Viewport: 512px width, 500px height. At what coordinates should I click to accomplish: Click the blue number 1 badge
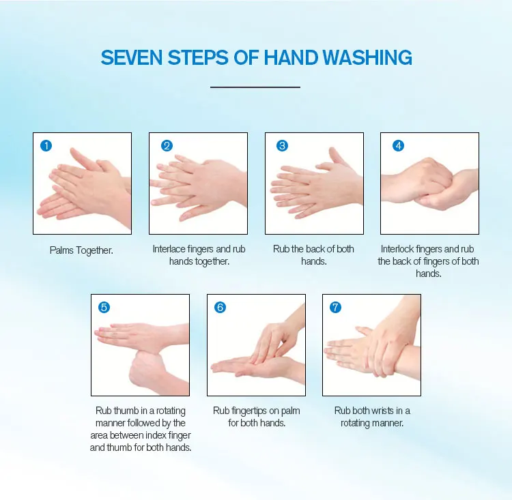point(46,145)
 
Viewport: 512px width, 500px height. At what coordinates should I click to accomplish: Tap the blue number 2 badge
point(167,145)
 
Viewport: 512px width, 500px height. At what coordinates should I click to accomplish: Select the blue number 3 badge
point(282,145)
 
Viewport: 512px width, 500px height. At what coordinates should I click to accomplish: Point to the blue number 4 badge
point(398,145)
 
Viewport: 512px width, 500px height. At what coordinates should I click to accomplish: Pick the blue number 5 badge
point(104,307)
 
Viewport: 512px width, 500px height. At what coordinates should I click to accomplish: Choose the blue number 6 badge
point(220,307)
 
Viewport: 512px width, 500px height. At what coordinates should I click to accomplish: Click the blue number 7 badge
point(335,307)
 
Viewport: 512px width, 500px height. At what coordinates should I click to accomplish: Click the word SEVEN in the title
point(132,58)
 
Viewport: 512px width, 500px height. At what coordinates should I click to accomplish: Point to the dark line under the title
point(255,87)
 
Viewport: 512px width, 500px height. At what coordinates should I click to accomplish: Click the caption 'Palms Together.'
point(81,250)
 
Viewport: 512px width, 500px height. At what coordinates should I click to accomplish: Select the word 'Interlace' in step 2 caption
point(169,249)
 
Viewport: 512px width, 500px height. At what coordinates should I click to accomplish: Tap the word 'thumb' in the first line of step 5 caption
point(126,410)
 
